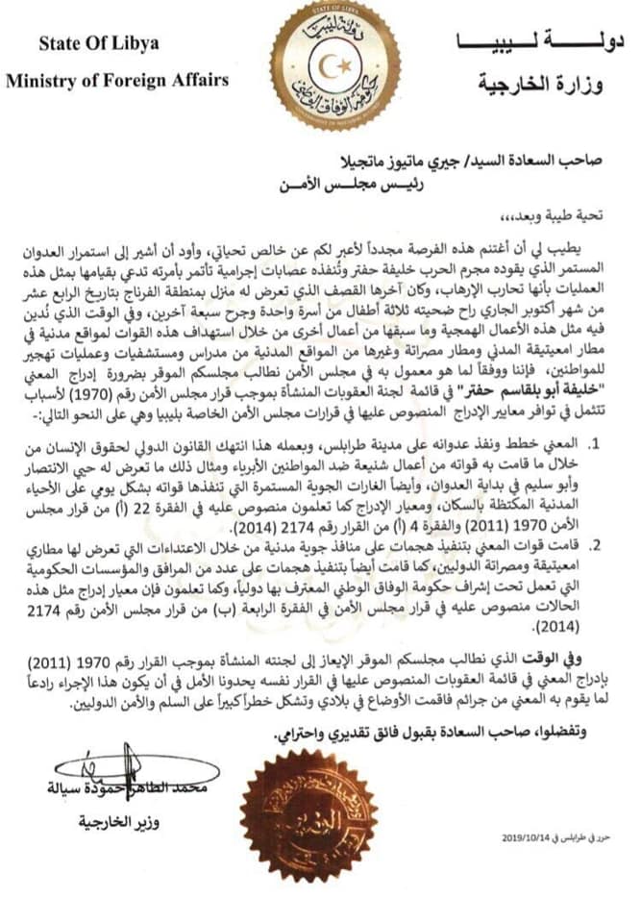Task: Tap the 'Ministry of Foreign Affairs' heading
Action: tap(117, 81)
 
